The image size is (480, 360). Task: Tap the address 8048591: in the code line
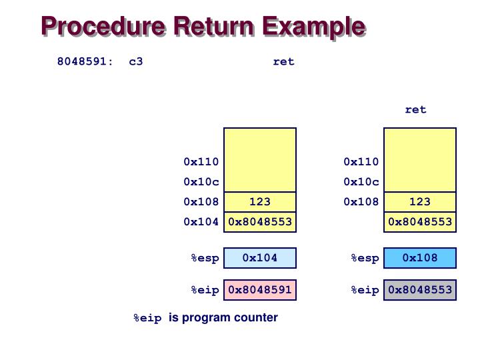[85, 61]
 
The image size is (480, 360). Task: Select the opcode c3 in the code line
[136, 61]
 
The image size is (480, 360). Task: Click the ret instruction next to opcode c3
[283, 61]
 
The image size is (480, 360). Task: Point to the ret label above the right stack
[415, 109]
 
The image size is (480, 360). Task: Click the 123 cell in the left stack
[260, 201]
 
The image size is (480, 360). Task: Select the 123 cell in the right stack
[420, 201]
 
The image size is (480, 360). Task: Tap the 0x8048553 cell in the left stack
[260, 221]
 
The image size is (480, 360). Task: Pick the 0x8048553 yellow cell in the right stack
[420, 221]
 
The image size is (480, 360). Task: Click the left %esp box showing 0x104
[260, 258]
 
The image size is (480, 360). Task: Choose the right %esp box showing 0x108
[420, 258]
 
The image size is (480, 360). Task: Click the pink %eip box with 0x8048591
[260, 290]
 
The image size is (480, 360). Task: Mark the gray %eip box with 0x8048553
[420, 290]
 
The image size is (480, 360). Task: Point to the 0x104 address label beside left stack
[201, 221]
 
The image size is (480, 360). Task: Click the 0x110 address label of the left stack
[201, 161]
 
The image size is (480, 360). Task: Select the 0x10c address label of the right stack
[361, 181]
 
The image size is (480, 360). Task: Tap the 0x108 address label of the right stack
[361, 201]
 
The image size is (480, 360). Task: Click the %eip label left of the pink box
[205, 290]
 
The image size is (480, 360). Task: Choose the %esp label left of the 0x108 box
[365, 258]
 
